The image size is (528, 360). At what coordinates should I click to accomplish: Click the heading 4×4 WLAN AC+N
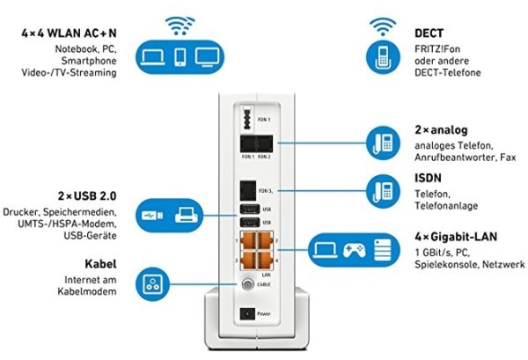pos(70,33)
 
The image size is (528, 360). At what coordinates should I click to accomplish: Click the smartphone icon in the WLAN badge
pos(181,57)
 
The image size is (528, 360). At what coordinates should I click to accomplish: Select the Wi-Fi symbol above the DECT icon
pos(382,23)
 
